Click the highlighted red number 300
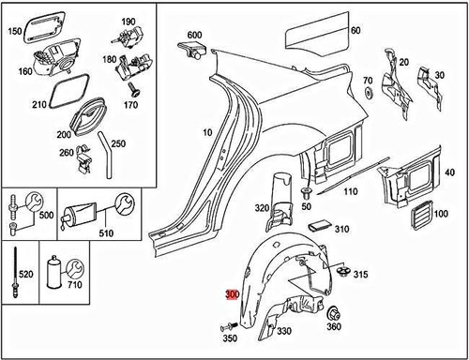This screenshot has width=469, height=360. pyautogui.click(x=233, y=294)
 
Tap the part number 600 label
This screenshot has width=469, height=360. pyautogui.click(x=194, y=35)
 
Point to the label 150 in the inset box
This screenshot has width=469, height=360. pyautogui.click(x=14, y=30)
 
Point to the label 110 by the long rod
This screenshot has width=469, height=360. pyautogui.click(x=350, y=192)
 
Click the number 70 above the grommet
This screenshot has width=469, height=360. pyautogui.click(x=368, y=81)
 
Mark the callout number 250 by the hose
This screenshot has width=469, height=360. pyautogui.click(x=117, y=143)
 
